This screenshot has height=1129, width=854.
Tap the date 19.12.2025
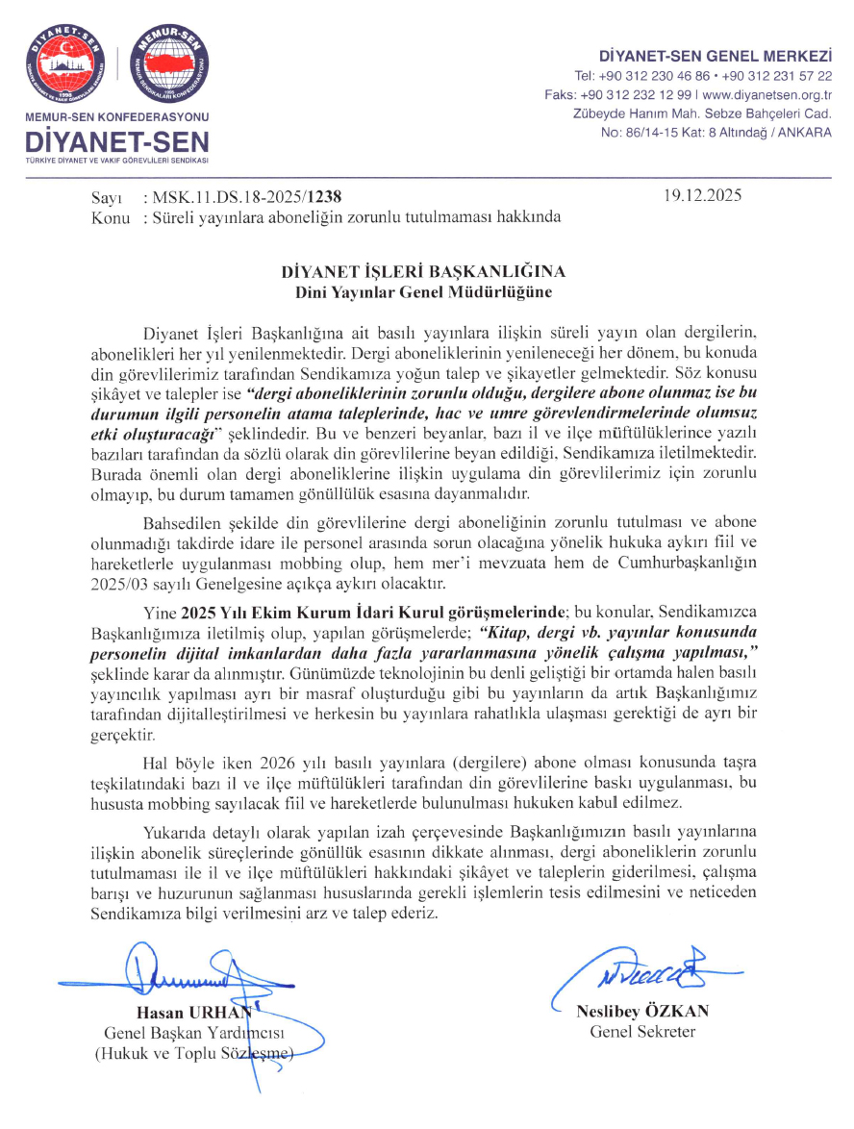click(703, 197)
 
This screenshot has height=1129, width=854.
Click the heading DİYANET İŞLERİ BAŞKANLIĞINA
click(430, 272)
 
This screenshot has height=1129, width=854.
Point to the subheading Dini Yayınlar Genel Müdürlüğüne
click(430, 290)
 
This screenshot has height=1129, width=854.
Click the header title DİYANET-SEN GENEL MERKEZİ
click(715, 56)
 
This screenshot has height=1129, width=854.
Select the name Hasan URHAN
click(190, 1012)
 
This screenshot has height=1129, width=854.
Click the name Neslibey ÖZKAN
click(641, 1012)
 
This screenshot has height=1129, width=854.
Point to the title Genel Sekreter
click(641, 1032)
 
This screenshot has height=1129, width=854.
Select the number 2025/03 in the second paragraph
click(113, 584)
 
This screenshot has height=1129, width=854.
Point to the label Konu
click(109, 217)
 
